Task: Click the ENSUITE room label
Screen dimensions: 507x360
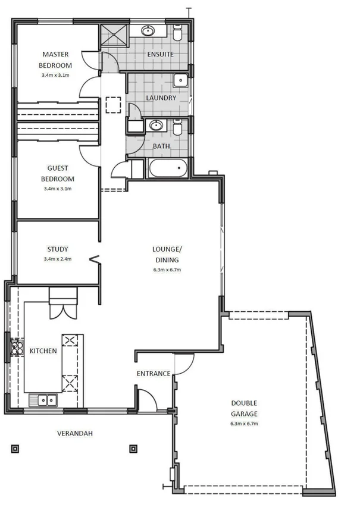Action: [x=159, y=54]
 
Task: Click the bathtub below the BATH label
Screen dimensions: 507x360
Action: [x=168, y=168]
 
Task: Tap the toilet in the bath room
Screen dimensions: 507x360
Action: [x=178, y=128]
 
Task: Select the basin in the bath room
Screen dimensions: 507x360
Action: [x=156, y=126]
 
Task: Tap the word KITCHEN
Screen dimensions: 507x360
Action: [x=43, y=351]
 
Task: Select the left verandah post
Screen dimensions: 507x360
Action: [x=15, y=448]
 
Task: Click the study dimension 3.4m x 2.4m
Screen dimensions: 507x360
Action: [x=57, y=259]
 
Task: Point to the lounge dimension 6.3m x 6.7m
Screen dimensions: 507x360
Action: [x=166, y=270]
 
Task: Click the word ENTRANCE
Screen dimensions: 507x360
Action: [x=154, y=374]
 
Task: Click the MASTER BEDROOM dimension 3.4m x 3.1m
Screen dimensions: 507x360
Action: [x=57, y=76]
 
